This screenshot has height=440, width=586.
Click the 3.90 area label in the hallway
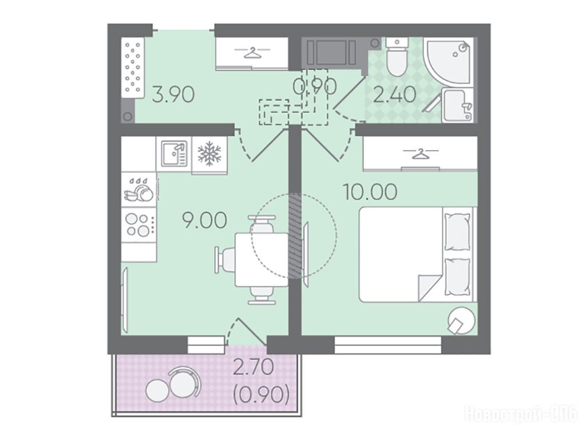coord(173,95)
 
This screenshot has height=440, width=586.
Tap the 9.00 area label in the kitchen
coord(204,219)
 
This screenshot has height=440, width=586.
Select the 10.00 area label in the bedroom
coord(370,192)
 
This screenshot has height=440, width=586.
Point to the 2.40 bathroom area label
coord(395,95)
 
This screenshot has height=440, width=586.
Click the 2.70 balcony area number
coord(254,368)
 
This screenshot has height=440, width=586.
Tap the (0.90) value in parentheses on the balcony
coord(261,395)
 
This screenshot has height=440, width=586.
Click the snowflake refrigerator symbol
coord(209,154)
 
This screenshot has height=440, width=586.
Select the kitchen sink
coord(174,154)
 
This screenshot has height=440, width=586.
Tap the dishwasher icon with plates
coord(138,189)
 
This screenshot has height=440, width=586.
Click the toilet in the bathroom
coord(396,57)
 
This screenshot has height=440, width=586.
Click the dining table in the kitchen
coord(262,260)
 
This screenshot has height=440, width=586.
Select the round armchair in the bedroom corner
coord(462,320)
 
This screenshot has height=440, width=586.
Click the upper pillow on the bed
coord(457,231)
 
